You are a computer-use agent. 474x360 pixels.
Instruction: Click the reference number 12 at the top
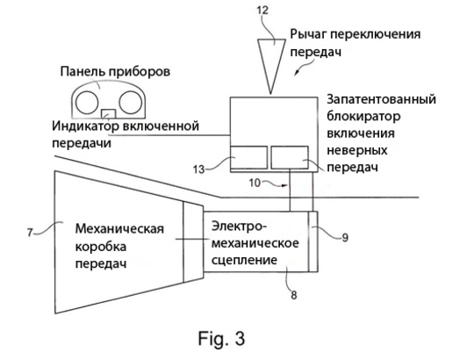(x=262, y=11)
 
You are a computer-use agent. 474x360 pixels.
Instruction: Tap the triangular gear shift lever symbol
(x=271, y=61)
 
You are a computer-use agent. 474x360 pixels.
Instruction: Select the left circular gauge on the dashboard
(x=87, y=102)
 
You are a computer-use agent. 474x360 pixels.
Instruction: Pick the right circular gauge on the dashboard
(x=130, y=102)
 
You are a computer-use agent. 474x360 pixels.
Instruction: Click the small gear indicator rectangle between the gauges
(x=109, y=113)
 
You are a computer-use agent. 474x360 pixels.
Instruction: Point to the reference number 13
(x=199, y=169)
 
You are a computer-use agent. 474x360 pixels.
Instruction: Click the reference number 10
(x=255, y=183)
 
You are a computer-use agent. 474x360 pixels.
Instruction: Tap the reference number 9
(x=345, y=238)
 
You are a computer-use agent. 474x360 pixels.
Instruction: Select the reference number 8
(x=293, y=295)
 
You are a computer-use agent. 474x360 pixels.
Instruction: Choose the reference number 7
(x=30, y=233)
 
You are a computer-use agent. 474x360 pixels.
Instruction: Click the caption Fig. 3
(x=221, y=338)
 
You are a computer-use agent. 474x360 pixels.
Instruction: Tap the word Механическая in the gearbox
(x=119, y=228)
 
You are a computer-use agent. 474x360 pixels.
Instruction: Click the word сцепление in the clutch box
(x=244, y=260)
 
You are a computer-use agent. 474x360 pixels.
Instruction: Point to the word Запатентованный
(x=381, y=99)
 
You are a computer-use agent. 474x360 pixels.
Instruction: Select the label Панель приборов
(x=115, y=72)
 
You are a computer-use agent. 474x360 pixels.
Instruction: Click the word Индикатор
(x=85, y=126)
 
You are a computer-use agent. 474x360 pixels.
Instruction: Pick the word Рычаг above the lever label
(x=308, y=34)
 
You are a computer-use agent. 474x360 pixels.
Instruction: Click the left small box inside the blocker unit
(x=248, y=157)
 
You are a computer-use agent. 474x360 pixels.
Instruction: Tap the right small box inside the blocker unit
(x=290, y=157)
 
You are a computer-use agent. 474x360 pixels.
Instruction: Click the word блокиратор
(x=363, y=117)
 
